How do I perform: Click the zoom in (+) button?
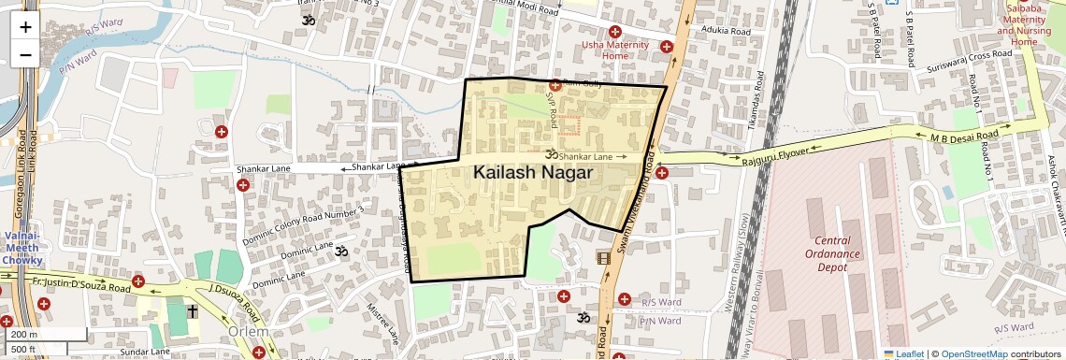(x=25, y=27)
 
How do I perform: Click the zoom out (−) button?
(x=25, y=54)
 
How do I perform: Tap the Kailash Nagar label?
(x=533, y=172)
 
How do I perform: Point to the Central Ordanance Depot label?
(x=832, y=253)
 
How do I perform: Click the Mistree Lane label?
(x=383, y=322)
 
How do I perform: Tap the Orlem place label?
(x=248, y=333)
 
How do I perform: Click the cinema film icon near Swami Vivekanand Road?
(x=604, y=258)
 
